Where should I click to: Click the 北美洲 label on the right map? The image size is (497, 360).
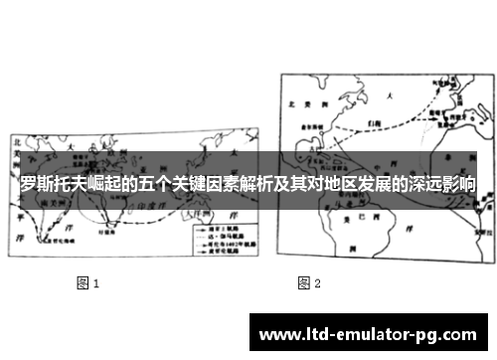300,103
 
